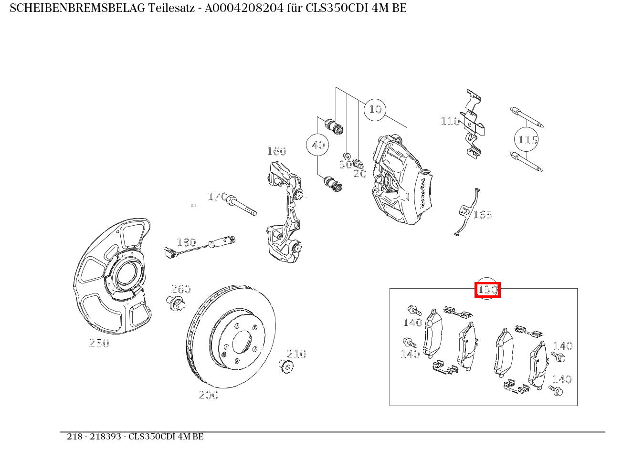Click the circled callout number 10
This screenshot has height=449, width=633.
pos(375,110)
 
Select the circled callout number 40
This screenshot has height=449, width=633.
pos(318,145)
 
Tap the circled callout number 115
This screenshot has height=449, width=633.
pos(527,140)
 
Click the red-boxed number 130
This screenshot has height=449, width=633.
pos(487,290)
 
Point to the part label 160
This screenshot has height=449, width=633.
pos(276,152)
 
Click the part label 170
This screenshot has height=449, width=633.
pos(217,197)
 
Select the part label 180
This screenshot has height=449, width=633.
pos(186,242)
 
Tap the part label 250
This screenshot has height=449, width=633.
pos(99,343)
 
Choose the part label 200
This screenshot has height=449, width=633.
pos(209,395)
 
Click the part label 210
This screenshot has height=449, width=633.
pos(296,354)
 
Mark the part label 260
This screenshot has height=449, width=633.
pos(181,289)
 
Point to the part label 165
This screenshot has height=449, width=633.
pos(482,215)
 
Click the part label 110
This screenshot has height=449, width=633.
pos(450,121)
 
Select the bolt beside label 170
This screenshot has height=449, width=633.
pos(242,206)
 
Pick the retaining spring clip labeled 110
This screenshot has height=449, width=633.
pos(473,124)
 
